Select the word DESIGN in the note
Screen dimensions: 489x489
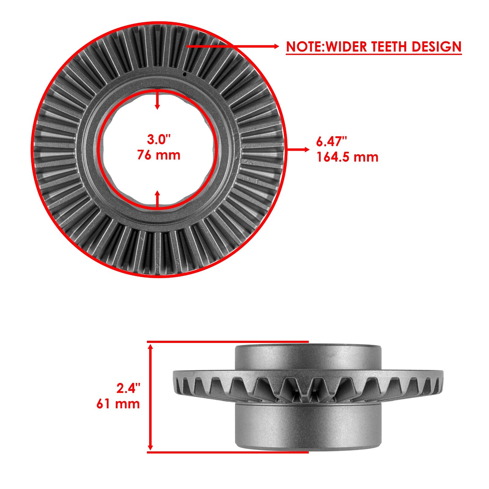tap(436, 47)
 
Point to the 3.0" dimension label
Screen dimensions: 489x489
tap(158, 139)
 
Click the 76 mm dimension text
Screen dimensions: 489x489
tap(158, 155)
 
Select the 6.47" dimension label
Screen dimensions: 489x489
tap(332, 142)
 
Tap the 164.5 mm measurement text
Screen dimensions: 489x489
tap(347, 157)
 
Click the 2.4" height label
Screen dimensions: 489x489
tap(128, 388)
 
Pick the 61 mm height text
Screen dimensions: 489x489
tap(118, 404)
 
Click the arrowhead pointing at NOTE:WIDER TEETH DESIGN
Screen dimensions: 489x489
tap(276, 46)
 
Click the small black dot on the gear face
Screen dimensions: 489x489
tap(184, 74)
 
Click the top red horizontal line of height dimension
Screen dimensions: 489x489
tap(228, 341)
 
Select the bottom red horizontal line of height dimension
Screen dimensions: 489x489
tap(228, 452)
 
